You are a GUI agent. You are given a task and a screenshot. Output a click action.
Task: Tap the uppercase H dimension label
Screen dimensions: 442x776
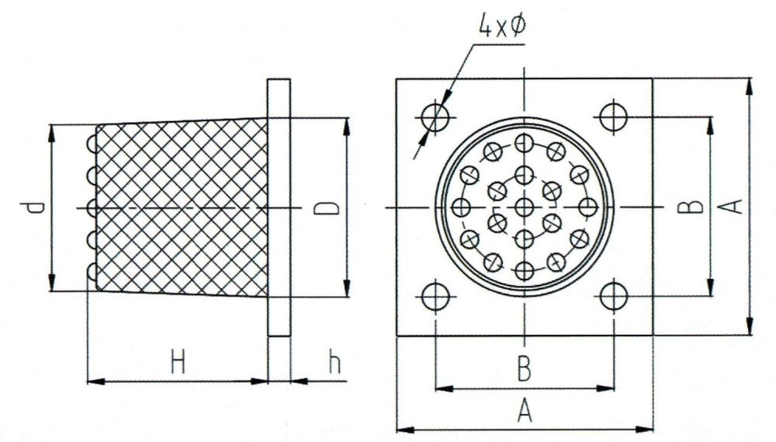click(x=178, y=362)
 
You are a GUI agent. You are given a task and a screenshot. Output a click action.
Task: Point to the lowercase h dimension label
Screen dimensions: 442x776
click(x=334, y=362)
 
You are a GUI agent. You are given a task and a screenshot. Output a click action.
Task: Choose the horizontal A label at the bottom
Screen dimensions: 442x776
click(x=525, y=409)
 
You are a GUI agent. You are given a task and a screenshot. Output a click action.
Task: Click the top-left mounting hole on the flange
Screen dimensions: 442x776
click(x=436, y=118)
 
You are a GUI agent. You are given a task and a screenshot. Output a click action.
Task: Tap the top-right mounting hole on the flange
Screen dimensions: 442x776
click(x=614, y=118)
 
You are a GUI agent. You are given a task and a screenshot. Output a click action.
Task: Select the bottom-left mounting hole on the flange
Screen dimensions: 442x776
click(x=436, y=296)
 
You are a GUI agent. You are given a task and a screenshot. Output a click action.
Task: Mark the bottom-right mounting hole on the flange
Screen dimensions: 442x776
click(x=614, y=296)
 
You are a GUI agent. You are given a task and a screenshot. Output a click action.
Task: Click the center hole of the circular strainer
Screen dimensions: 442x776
click(x=525, y=207)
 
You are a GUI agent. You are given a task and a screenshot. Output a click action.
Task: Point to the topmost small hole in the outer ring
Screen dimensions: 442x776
click(x=525, y=144)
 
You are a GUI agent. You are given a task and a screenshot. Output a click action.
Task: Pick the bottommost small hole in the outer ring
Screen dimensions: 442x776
click(x=525, y=270)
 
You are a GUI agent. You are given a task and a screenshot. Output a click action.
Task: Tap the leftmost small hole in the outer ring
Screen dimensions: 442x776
click(x=462, y=207)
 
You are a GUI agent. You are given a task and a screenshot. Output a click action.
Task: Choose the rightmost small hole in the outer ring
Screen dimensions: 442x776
click(x=587, y=207)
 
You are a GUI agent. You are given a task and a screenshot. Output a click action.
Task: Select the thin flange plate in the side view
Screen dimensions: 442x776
click(x=279, y=207)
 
